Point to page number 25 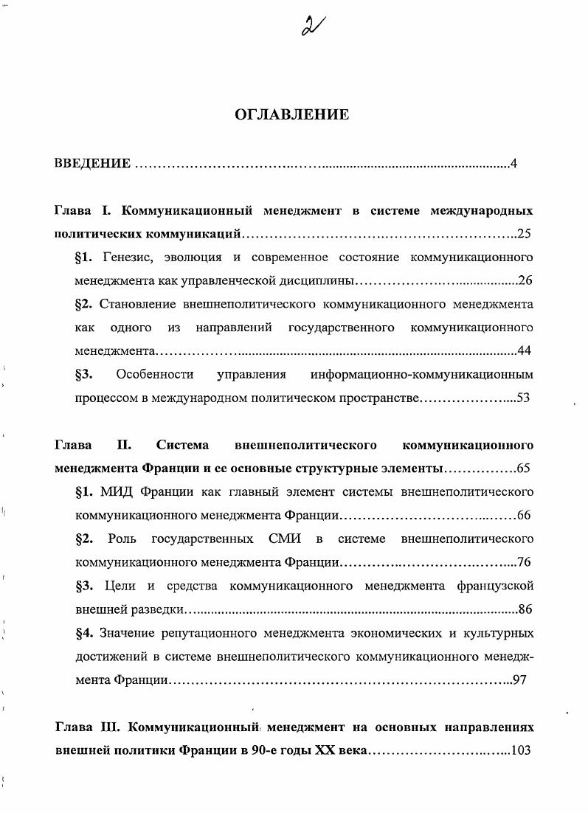[x=525, y=235]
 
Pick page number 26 [x=525, y=280]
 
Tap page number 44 [x=525, y=350]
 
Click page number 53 [x=524, y=398]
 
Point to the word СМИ [x=284, y=539]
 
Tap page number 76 [x=525, y=562]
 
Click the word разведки [x=159, y=609]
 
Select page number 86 [x=525, y=609]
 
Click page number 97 [x=519, y=680]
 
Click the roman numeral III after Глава [x=107, y=727]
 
